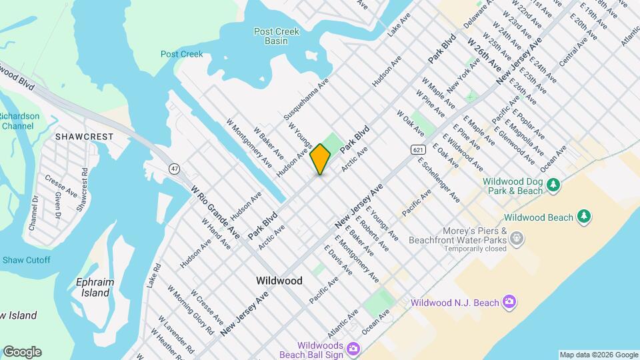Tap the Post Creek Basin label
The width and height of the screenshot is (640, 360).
[x=271, y=36]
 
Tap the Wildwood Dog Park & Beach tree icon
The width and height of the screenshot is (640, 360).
[x=553, y=185]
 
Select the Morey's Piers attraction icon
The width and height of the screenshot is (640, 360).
[x=518, y=238]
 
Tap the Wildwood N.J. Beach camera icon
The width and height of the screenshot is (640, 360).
[x=509, y=303]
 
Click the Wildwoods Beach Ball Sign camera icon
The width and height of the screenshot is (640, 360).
[x=353, y=349]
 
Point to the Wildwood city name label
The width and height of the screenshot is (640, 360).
[x=279, y=281]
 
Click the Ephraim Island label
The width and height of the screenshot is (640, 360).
[x=95, y=287]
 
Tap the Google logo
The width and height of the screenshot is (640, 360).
[x=22, y=352]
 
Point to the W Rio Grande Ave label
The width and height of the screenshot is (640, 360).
[x=215, y=212]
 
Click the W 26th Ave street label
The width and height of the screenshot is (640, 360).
[x=484, y=55]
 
